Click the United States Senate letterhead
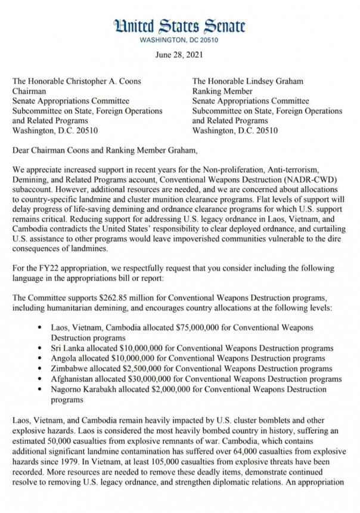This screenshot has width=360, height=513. pyautogui.click(x=179, y=25)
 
